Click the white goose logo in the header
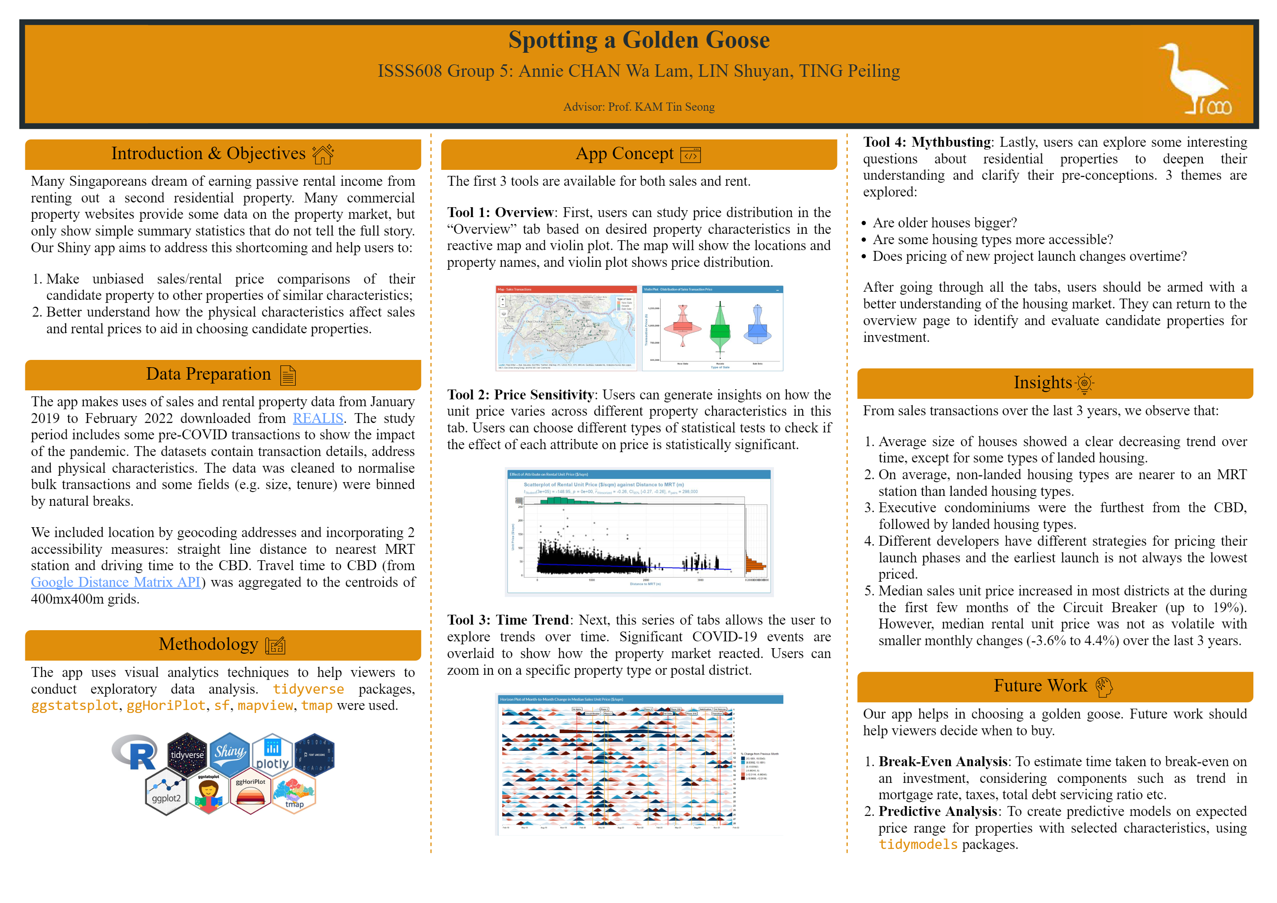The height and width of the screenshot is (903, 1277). coord(1196,78)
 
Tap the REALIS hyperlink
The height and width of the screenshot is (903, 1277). coord(318,418)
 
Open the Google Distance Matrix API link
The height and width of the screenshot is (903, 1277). coord(115,582)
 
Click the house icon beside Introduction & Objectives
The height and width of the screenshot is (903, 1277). coord(323,154)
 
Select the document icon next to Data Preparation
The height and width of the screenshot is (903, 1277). coord(288,375)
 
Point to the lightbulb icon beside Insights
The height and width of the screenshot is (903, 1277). coord(1084,383)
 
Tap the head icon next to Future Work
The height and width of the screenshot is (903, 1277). coord(1104,687)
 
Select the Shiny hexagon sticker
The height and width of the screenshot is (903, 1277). coord(229,753)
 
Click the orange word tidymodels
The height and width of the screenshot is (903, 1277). coord(918,845)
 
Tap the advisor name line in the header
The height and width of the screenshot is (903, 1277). coord(638,107)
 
